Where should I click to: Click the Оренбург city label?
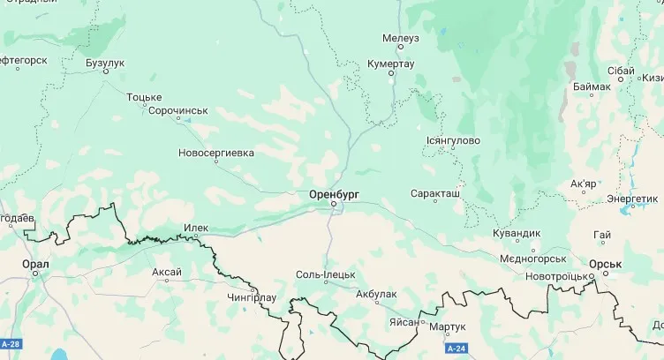click(335, 192)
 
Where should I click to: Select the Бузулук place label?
click(105, 63)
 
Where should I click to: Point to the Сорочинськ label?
click(177, 110)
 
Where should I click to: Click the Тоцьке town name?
click(144, 96)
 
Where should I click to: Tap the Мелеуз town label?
click(401, 39)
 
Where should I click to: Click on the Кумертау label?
click(390, 64)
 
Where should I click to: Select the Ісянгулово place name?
click(453, 139)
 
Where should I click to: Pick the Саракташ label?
click(435, 192)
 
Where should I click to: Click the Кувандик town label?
click(515, 234)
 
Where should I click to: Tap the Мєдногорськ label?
click(532, 259)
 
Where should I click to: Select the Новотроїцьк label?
click(558, 276)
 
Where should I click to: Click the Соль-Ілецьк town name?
click(326, 275)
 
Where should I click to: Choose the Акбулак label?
click(377, 294)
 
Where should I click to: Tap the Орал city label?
click(35, 263)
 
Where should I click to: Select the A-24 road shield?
click(455, 349)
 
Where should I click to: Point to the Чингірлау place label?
click(253, 298)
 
